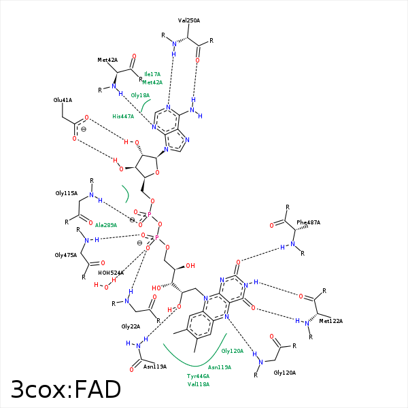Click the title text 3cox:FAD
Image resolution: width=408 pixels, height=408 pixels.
66,389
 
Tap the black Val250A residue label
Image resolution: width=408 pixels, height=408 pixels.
189,20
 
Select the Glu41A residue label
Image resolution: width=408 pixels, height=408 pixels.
63,100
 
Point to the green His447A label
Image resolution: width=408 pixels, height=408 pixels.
123,116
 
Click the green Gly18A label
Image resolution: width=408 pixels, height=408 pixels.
140,95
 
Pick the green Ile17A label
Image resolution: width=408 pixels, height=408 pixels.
152,74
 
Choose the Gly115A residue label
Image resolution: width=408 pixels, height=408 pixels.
67,193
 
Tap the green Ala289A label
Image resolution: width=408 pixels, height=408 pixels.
106,225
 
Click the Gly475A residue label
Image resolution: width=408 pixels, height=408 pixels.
66,255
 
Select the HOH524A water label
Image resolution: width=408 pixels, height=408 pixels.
111,273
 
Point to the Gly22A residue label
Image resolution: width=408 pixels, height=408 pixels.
131,326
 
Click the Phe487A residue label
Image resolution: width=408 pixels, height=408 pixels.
308,222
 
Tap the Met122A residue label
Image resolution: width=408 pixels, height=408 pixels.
331,321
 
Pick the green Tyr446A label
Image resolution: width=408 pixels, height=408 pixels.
199,376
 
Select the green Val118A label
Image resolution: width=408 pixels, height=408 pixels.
199,384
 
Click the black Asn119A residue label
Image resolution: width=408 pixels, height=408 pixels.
155,367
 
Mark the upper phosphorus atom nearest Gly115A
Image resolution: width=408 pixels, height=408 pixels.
150,215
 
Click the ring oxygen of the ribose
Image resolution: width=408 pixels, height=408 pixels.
157,173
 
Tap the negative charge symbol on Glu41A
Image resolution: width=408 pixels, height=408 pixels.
84,129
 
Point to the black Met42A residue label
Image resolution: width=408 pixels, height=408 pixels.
107,60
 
